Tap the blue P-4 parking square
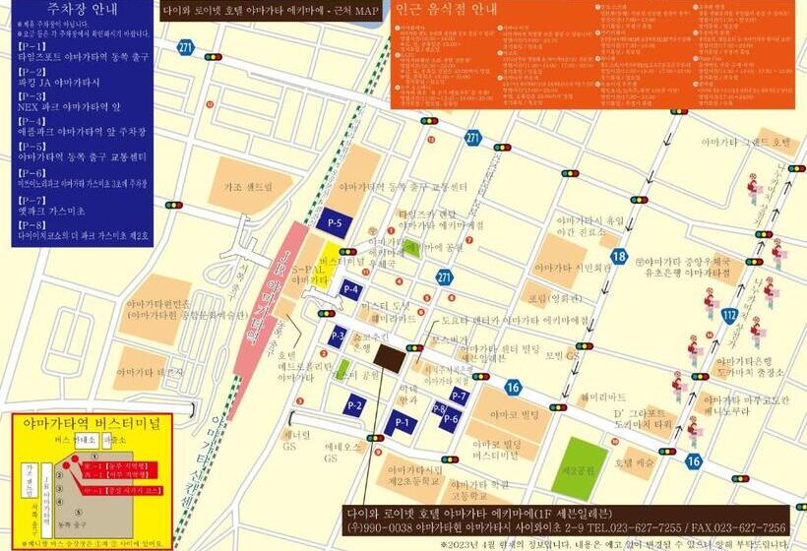point(351,289)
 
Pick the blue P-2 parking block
point(355,404)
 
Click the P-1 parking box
point(401,423)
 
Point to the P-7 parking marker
point(458,396)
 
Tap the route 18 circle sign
point(619,257)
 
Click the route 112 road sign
point(729,315)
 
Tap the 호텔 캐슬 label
point(636,461)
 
